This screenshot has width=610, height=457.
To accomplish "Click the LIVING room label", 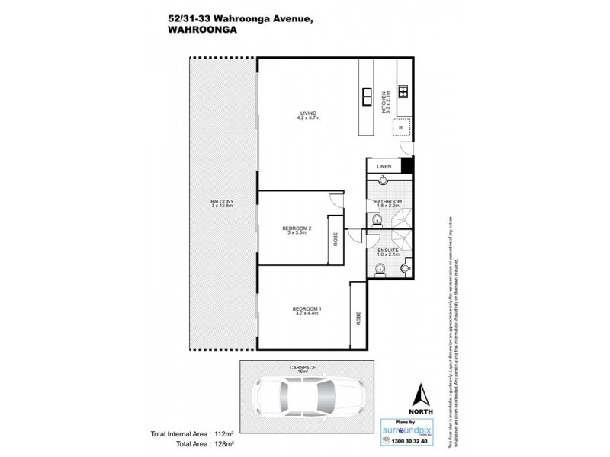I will [308, 117].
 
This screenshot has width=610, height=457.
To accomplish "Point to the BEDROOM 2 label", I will [296, 231].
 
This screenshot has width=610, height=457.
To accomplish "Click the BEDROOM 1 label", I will [307, 310].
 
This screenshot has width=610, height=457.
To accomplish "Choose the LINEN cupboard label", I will [383, 166].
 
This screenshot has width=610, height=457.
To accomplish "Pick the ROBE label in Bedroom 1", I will [358, 318].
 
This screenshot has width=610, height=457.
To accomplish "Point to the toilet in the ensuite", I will [380, 267].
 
